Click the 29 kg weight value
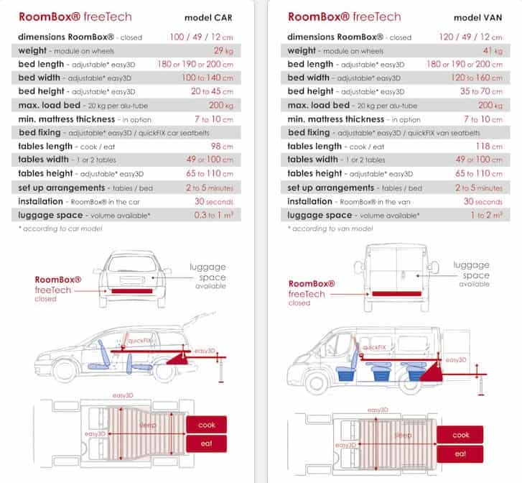coord(228,51)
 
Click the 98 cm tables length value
coord(227,147)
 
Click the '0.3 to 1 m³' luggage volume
coord(217,216)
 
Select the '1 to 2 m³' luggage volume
coord(485,216)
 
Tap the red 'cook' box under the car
coord(207,425)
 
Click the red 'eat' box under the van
coord(460,454)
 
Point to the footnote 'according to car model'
coord(61,229)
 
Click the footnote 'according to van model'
coord(332,229)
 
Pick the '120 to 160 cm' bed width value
coord(477,78)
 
